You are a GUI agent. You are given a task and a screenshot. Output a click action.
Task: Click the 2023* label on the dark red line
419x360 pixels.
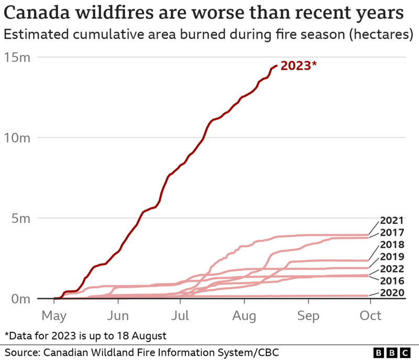pyautogui.click(x=299, y=66)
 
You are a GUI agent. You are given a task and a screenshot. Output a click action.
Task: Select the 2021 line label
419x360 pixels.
pyautogui.click(x=392, y=221)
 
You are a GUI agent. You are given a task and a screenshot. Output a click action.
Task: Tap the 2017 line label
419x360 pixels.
pyautogui.click(x=392, y=233)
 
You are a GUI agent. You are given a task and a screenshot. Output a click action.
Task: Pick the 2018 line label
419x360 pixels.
pyautogui.click(x=392, y=245)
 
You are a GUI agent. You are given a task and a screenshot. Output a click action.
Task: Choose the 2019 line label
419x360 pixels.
pyautogui.click(x=392, y=257)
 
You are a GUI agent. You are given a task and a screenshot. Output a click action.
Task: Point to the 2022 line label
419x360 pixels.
pyautogui.click(x=392, y=269)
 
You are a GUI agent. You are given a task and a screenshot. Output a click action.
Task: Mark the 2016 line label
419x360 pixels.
pyautogui.click(x=392, y=281)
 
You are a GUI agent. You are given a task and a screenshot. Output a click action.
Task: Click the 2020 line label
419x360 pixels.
pyautogui.click(x=392, y=293)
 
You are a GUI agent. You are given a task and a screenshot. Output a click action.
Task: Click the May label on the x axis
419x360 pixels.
pyautogui.click(x=54, y=316)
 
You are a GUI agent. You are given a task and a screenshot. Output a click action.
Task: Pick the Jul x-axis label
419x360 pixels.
pyautogui.click(x=181, y=316)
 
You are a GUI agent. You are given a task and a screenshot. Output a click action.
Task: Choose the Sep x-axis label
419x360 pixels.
pyautogui.click(x=308, y=316)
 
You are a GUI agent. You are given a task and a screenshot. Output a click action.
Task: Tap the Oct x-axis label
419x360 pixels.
pyautogui.click(x=371, y=316)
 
